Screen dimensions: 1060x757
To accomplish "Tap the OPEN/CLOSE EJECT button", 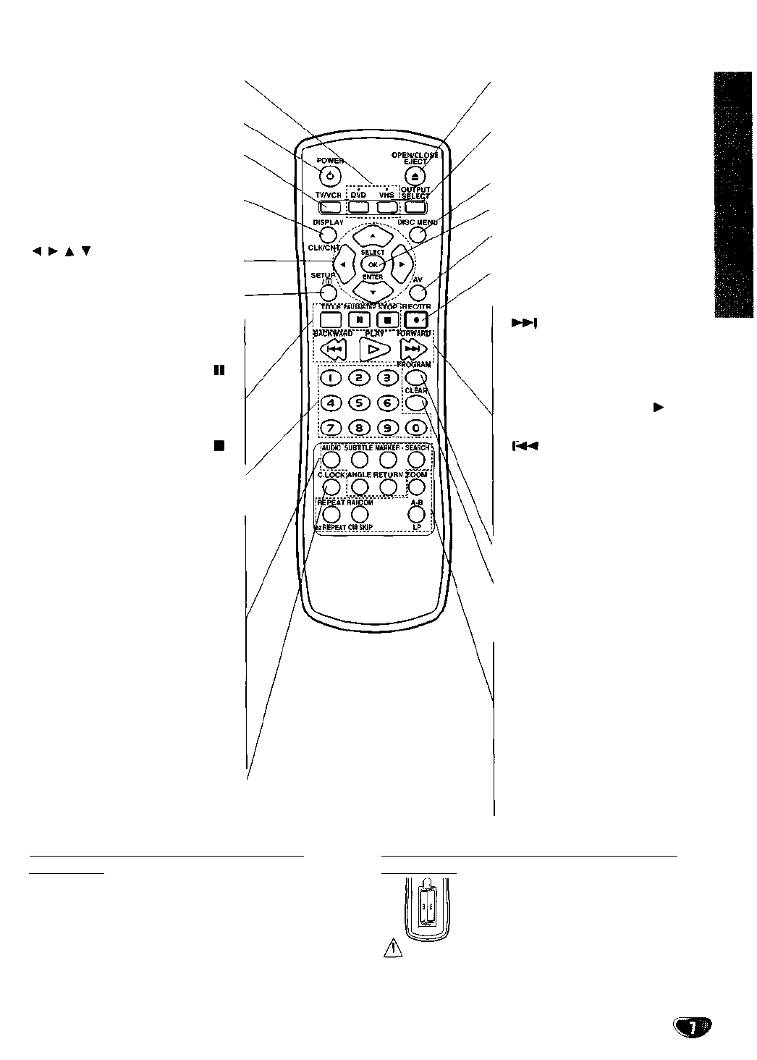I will point(415,174).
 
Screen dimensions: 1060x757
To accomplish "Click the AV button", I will point(415,293).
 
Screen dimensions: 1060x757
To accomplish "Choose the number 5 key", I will point(360,403).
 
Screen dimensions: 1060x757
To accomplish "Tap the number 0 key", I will point(415,428).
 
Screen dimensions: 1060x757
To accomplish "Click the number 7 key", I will point(331,428).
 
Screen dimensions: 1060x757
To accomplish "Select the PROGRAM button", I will point(414,377).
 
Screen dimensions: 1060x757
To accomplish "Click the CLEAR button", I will point(415,403).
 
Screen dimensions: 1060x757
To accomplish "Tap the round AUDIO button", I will point(331,458).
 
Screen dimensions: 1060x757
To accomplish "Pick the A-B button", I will point(415,513).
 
